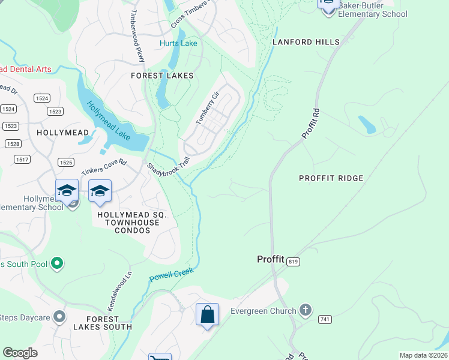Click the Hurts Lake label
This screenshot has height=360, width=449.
[x=178, y=43]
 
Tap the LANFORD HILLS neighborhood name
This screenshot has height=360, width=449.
[x=306, y=42]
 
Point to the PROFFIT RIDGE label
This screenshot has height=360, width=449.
[x=331, y=178]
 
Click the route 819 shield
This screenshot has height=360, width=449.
[x=293, y=262]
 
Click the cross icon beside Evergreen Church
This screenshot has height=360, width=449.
[x=306, y=310]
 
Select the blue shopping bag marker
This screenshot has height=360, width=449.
[x=207, y=314]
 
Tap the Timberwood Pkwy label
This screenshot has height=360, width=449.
[x=137, y=36]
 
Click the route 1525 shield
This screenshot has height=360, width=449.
[x=66, y=163]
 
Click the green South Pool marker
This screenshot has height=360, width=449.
[x=57, y=263]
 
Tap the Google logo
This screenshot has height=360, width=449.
[x=20, y=353]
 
